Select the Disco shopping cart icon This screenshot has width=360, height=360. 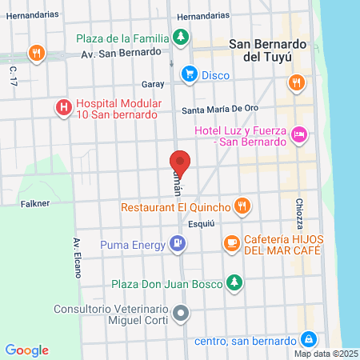click(189, 75)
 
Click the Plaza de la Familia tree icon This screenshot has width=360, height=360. click(182, 38)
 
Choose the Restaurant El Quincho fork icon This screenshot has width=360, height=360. click(244, 208)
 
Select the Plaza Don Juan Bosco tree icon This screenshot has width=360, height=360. click(234, 282)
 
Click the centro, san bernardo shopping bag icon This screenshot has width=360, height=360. click(307, 340)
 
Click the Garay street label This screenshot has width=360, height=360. click(152, 83)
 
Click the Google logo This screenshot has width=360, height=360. click(27, 350)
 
